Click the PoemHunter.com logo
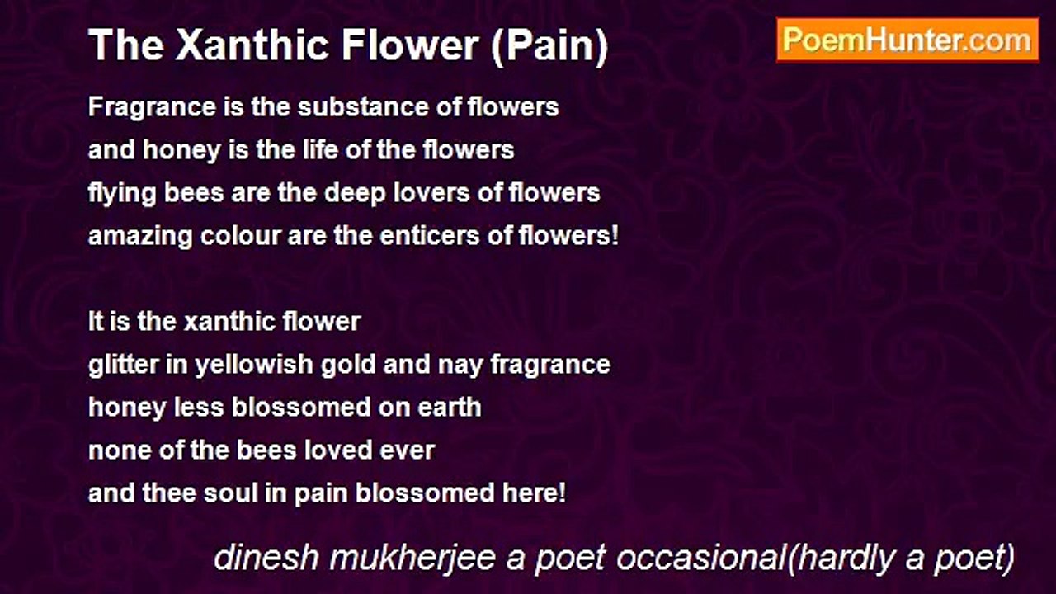coord(907,40)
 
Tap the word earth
coord(451,408)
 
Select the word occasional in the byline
coord(700,559)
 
